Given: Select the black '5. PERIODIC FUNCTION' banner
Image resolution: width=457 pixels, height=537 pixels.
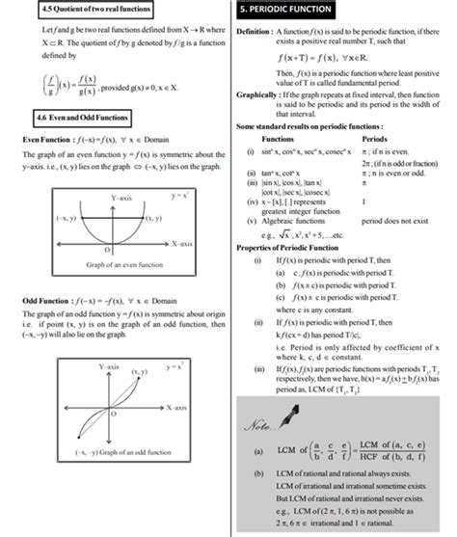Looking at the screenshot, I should click(285, 11).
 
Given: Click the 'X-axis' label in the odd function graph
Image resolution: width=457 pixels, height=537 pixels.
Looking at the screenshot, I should click(175, 409).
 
